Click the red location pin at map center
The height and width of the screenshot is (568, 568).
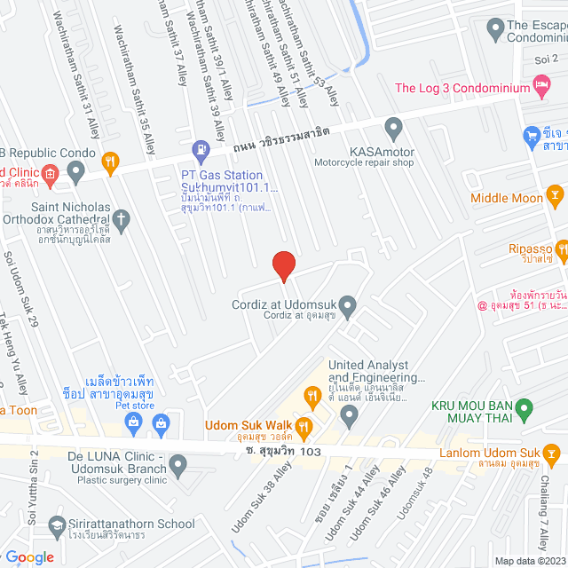tap(283, 266)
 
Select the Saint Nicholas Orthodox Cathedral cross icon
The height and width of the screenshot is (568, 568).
tap(122, 217)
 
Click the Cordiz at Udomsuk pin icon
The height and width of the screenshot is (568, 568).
tap(348, 307)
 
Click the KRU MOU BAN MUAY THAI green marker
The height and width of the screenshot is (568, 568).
tap(524, 411)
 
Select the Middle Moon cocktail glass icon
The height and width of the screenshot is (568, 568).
tap(555, 194)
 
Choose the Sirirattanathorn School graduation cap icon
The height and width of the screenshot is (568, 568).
tap(58, 525)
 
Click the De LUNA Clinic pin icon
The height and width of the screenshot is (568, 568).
tap(179, 463)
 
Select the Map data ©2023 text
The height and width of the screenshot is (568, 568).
tap(530, 561)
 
